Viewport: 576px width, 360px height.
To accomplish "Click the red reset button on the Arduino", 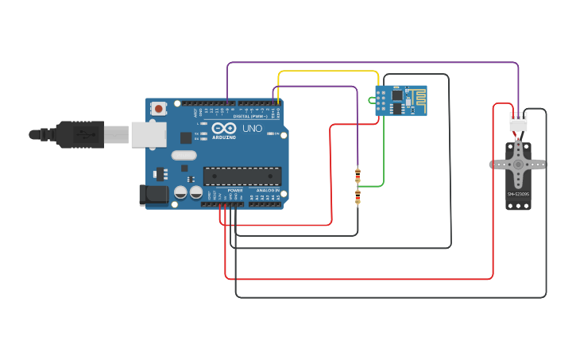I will point(159,108).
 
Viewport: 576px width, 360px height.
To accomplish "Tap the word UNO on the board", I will point(252,129).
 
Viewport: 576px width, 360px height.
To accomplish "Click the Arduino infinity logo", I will point(224,128).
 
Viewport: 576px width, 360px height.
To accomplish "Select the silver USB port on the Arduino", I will point(149,134).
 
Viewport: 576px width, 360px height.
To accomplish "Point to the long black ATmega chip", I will point(242,176).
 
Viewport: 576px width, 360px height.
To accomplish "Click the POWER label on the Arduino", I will point(235,191).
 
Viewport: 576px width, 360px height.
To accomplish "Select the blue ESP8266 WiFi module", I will point(401,100).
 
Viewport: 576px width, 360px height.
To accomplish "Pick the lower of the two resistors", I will point(358,196).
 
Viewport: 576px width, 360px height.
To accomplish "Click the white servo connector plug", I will point(518,122).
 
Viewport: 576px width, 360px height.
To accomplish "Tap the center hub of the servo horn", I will point(518,165).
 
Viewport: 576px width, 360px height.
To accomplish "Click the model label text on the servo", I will point(518,194).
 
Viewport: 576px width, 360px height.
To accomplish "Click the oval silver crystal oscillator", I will point(184,156).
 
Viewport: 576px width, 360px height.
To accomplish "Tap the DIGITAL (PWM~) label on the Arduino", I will point(250,116).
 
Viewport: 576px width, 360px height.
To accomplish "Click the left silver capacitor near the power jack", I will point(181,192).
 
